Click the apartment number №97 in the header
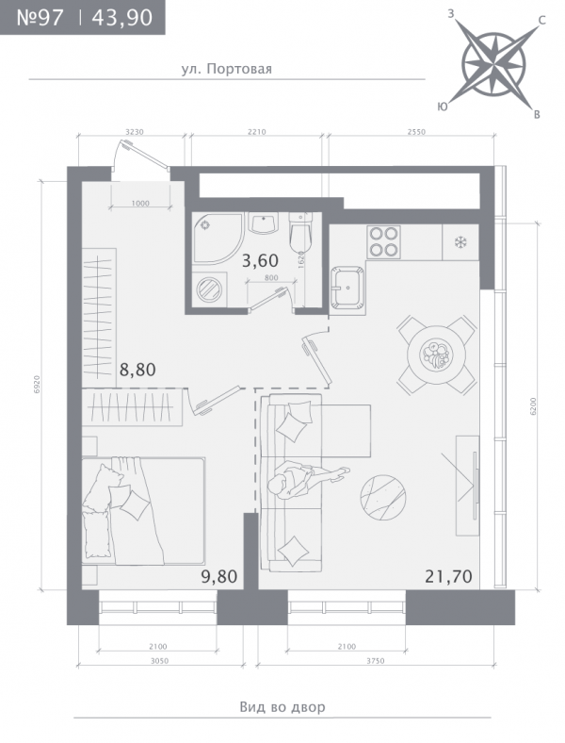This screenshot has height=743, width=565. pos(40,18)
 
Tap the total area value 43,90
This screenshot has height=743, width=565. pos(122,18)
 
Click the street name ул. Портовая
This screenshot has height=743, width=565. pos(227,69)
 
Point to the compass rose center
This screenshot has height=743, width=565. pos(493,63)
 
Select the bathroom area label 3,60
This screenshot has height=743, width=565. pos(260,260)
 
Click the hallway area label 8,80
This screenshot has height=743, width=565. pos(137,370)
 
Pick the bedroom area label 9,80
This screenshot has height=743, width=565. pos(219,577)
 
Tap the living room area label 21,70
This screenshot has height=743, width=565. pos(448,577)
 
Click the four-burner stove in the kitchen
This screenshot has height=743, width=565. pos(384,241)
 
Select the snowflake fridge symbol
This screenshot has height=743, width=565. pos(460,242)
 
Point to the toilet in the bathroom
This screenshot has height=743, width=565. pos(301,234)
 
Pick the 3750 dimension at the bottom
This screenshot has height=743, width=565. pos(375,661)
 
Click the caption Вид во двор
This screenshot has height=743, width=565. pos(282,707)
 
